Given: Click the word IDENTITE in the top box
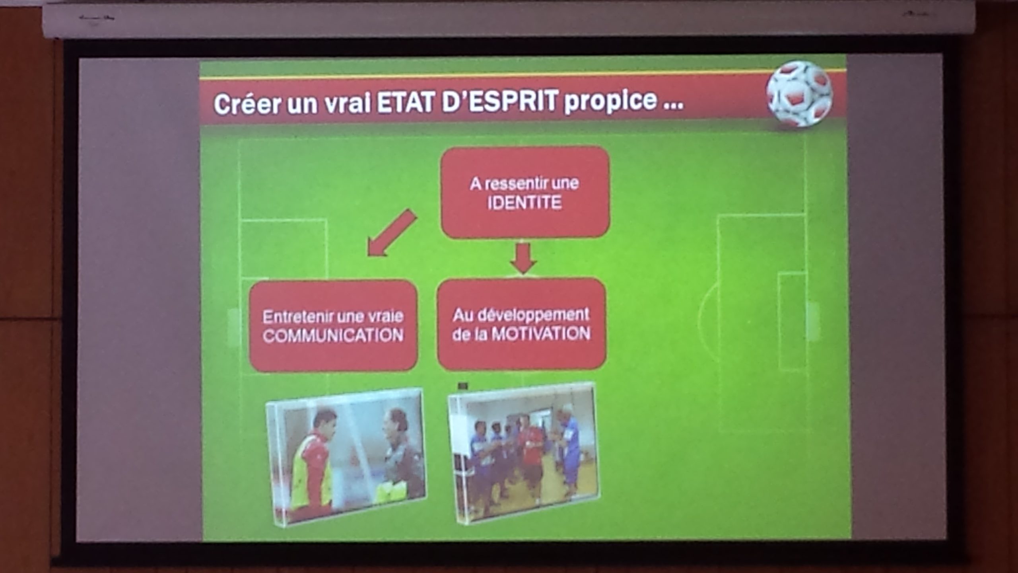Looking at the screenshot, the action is pyautogui.click(x=525, y=203).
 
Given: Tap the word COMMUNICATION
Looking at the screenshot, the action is pyautogui.click(x=333, y=335).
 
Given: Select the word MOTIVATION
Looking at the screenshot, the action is pyautogui.click(x=541, y=333).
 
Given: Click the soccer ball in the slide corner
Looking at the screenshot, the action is pyautogui.click(x=799, y=94).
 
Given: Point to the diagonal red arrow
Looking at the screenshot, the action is pyautogui.click(x=392, y=232).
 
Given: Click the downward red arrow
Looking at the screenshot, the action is pyautogui.click(x=523, y=258).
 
